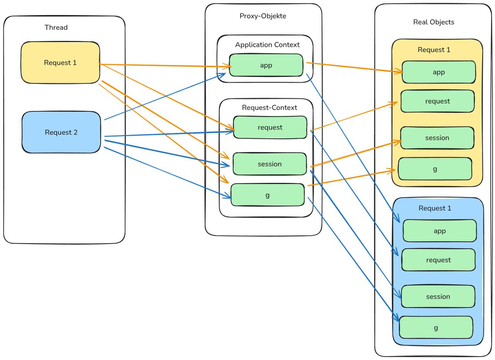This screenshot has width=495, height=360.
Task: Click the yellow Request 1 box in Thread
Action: click(x=60, y=63)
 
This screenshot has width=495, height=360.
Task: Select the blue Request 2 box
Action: click(x=61, y=132)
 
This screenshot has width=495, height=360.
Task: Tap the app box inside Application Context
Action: click(x=266, y=65)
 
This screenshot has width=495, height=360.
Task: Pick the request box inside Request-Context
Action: click(x=270, y=127)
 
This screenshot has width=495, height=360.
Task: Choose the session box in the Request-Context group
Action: click(x=270, y=164)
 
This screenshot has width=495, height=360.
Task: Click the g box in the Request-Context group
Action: click(x=267, y=195)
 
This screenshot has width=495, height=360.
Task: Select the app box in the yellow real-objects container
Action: click(x=439, y=72)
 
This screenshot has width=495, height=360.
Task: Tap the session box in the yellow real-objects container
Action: click(x=437, y=138)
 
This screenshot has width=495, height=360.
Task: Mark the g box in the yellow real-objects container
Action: click(x=435, y=169)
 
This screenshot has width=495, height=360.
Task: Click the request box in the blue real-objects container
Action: click(x=438, y=260)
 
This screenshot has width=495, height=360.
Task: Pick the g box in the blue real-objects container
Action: click(x=436, y=328)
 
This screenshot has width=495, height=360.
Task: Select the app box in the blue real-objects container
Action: click(x=439, y=231)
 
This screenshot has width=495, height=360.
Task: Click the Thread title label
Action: click(x=56, y=27)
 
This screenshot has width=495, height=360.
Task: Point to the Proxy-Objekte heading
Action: click(x=263, y=16)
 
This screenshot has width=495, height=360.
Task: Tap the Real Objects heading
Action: click(x=434, y=22)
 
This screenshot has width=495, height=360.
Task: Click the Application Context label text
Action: click(x=267, y=45)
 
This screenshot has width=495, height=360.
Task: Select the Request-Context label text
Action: click(x=270, y=107)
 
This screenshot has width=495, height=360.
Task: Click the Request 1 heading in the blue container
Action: click(x=435, y=208)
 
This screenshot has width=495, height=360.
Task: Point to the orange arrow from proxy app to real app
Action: click(x=352, y=67)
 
